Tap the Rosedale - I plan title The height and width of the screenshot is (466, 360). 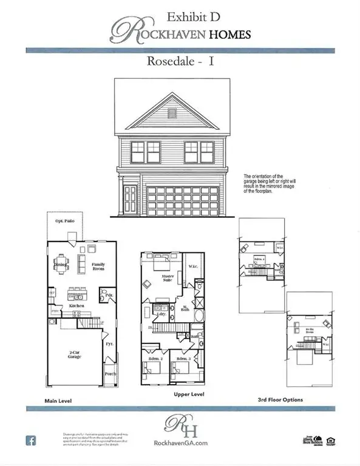pyautogui.click(x=180, y=61)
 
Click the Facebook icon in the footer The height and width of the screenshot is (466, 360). pyautogui.click(x=30, y=441)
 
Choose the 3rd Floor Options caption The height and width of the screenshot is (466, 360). pyautogui.click(x=280, y=400)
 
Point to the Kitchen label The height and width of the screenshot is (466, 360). pyautogui.click(x=76, y=306)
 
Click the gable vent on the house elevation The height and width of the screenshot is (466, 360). pyautogui.click(x=171, y=113)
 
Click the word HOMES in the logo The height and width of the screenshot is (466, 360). pyautogui.click(x=228, y=34)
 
